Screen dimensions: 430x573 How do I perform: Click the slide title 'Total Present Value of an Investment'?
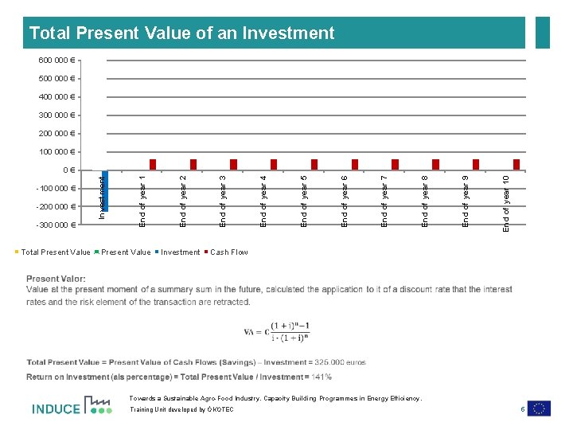(x=181, y=33)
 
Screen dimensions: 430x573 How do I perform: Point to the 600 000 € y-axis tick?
(x=57, y=60)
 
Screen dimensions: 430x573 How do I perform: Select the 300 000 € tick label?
(x=57, y=115)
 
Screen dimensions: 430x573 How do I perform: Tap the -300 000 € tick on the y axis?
(x=55, y=225)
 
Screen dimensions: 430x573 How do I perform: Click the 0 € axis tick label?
(x=68, y=170)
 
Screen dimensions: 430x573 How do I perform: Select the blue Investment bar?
(x=105, y=189)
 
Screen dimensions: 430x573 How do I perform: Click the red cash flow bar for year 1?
(x=153, y=164)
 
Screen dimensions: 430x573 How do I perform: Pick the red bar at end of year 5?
(x=314, y=164)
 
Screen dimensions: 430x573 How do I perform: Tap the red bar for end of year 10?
(x=516, y=164)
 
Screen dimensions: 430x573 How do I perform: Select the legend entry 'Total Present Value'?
(x=53, y=252)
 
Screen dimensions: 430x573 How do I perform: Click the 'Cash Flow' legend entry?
(x=228, y=252)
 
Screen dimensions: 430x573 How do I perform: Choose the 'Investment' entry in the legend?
(x=180, y=252)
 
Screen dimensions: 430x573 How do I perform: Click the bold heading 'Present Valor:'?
(x=56, y=279)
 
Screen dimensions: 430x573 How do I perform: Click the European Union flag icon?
(x=539, y=408)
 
